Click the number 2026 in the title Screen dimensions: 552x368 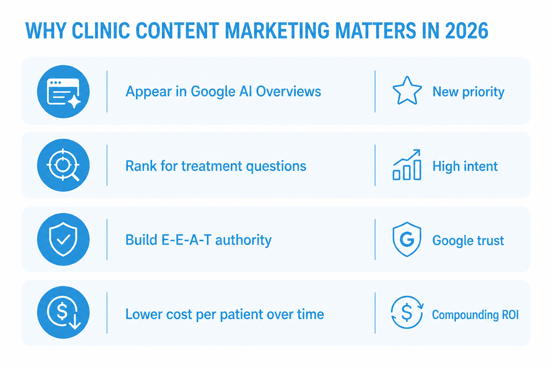click(466, 31)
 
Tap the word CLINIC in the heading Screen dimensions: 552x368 click(101, 31)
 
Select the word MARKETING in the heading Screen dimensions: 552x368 click(277, 31)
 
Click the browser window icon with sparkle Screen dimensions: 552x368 click(63, 91)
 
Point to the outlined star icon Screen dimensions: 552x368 click(407, 91)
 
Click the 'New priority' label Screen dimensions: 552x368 click(469, 92)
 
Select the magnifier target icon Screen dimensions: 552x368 click(63, 165)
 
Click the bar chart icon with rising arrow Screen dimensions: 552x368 click(407, 165)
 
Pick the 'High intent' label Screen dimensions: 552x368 click(465, 166)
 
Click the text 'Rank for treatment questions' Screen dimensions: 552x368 click(216, 166)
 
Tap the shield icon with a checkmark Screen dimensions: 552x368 click(63, 239)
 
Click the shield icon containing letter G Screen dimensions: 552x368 click(407, 239)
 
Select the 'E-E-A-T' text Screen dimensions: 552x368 click(168, 240)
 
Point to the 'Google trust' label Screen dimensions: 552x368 click(468, 241)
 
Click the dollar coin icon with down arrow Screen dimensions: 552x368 click(63, 312)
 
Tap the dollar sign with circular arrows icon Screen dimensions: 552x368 click(407, 312)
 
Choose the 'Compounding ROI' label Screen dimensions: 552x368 click(475, 315)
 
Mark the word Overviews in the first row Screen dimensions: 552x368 click(289, 92)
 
